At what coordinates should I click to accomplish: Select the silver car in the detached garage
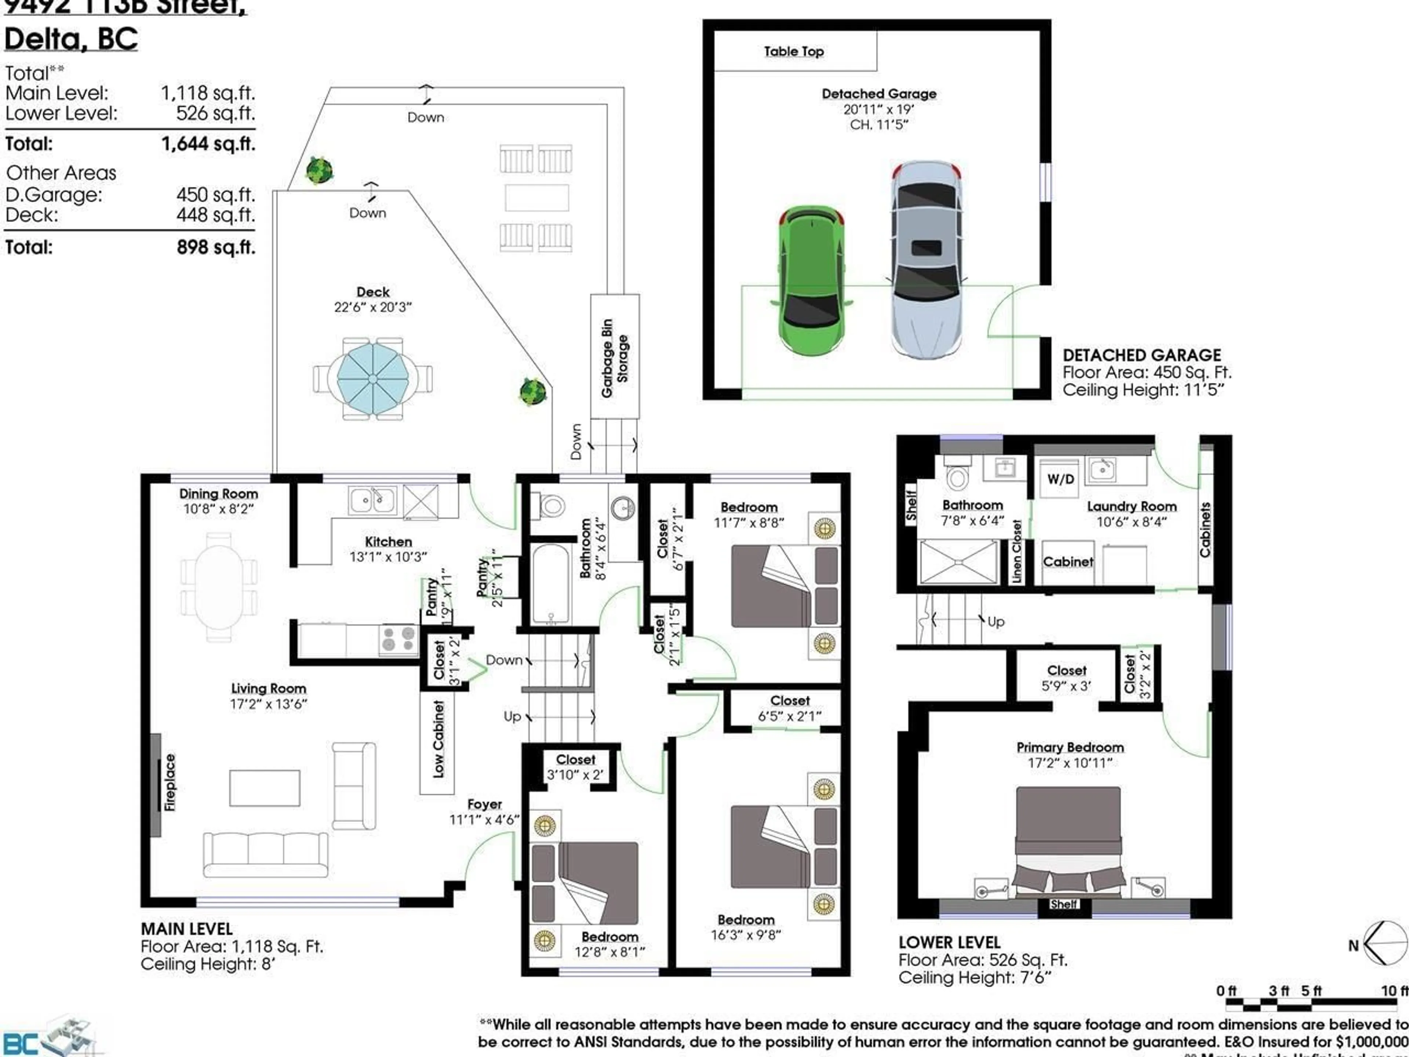click(925, 258)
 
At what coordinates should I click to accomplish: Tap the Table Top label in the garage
click(794, 52)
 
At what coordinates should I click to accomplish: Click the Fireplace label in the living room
click(170, 782)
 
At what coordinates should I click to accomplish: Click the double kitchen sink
click(373, 500)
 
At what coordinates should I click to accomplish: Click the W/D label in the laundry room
click(1060, 479)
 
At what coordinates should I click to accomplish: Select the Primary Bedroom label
click(1070, 747)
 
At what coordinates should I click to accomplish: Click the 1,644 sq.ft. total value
click(208, 144)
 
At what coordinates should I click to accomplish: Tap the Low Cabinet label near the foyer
click(438, 739)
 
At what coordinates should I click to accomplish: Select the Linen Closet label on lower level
click(1017, 551)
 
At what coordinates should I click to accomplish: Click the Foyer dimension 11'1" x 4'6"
click(484, 820)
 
